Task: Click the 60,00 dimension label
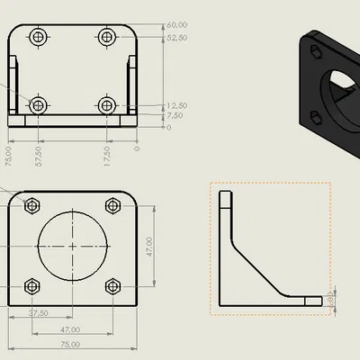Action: click(176, 25)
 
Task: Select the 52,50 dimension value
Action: click(176, 39)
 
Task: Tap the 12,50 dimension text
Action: click(176, 105)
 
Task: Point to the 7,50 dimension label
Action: click(175, 116)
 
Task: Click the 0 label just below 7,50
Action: click(169, 127)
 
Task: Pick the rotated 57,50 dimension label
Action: click(37, 157)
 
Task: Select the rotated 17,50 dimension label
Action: click(107, 157)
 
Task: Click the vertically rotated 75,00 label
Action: click(9, 157)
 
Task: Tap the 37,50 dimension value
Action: click(38, 314)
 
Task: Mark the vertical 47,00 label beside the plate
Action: click(149, 246)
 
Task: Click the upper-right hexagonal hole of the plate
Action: click(112, 205)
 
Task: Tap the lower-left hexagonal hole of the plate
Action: click(31, 286)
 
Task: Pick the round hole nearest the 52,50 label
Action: click(107, 38)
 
